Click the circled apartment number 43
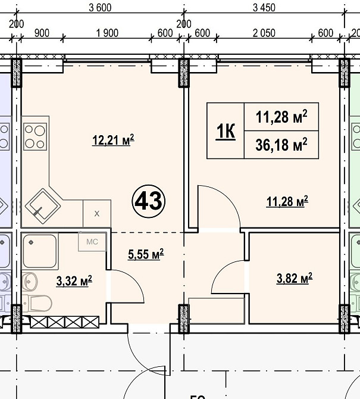149,201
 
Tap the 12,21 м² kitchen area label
113,140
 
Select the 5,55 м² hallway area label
146,254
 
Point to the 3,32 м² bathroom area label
74,281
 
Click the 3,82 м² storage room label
295,278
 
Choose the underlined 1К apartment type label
226,131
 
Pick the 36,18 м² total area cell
281,145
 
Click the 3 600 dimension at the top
100,8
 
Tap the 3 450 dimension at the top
264,8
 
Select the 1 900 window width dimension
107,33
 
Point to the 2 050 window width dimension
264,33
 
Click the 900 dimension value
42,33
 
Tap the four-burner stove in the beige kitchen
35,136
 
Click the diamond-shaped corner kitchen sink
43,206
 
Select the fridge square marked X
97,214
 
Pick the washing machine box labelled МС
92,242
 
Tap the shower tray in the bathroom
40,251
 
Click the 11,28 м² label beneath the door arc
287,201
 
